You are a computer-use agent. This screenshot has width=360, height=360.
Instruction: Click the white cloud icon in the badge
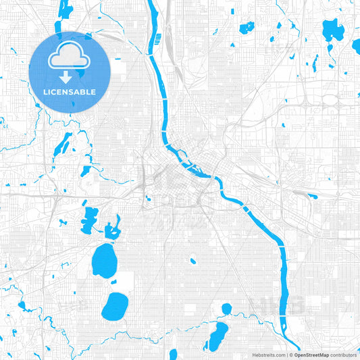tap(70, 60)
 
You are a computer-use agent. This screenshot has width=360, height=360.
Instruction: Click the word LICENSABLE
tap(70, 92)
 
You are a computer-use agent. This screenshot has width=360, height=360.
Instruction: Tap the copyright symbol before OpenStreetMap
tap(291, 354)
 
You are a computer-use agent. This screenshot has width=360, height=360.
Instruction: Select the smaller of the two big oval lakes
tap(115, 306)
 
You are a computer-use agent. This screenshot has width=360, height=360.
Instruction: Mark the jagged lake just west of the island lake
tap(89, 217)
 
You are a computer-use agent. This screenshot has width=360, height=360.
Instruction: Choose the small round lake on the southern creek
tap(226, 309)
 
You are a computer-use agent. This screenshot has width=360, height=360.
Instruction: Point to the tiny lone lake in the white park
tap(192, 261)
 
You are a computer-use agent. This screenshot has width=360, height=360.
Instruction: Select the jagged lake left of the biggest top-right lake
tap(247, 28)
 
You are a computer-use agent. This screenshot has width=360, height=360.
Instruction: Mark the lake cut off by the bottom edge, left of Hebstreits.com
tap(173, 354)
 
